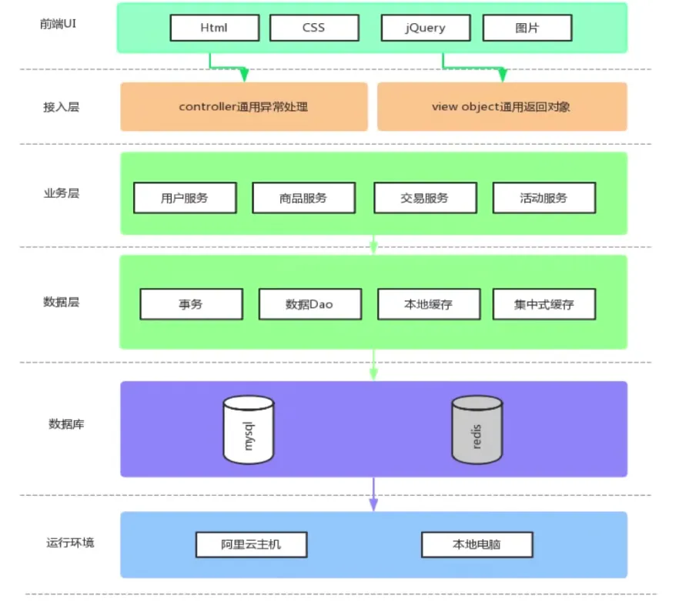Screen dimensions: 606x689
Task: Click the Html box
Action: pos(214,28)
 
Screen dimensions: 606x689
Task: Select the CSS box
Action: pos(314,28)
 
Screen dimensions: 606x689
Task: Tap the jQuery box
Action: pos(425,28)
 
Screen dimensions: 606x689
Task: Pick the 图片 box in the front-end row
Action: pos(527,28)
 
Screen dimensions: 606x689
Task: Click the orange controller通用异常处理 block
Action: pos(243,107)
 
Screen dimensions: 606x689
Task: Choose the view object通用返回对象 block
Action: pos(501,107)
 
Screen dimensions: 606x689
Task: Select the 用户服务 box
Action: pos(185,198)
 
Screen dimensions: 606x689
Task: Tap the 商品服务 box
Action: pos(303,198)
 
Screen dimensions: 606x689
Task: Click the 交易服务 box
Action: pos(424,198)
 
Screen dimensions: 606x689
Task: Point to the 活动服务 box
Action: pos(544,198)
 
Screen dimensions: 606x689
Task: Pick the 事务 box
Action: pos(191,304)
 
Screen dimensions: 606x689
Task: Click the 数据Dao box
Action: pos(309,304)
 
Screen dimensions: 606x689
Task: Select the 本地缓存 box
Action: pos(429,304)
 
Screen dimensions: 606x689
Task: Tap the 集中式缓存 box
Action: pos(544,304)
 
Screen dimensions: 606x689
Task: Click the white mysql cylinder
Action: pos(248,430)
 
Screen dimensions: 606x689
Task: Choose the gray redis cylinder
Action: pos(477,430)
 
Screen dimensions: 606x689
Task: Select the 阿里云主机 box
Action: pos(251,544)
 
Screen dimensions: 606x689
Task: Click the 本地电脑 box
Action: pos(477,544)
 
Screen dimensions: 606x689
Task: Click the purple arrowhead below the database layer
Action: pos(373,504)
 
